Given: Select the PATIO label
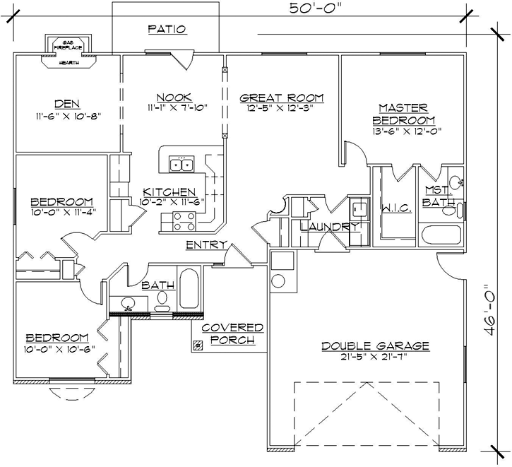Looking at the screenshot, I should [x=167, y=30].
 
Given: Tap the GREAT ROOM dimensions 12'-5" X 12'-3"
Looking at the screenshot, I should [x=281, y=108].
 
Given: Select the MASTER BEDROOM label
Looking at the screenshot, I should [x=403, y=114].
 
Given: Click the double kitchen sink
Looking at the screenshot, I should [x=182, y=165].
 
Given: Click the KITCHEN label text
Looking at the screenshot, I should [x=169, y=192].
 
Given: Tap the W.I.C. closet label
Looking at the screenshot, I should [x=392, y=208].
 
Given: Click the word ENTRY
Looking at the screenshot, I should [x=206, y=244].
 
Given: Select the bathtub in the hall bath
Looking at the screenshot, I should [x=189, y=290].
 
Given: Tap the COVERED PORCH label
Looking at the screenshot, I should [x=232, y=334].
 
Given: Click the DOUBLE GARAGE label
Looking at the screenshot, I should [x=375, y=345].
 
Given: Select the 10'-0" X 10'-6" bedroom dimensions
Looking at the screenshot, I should [x=57, y=348].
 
